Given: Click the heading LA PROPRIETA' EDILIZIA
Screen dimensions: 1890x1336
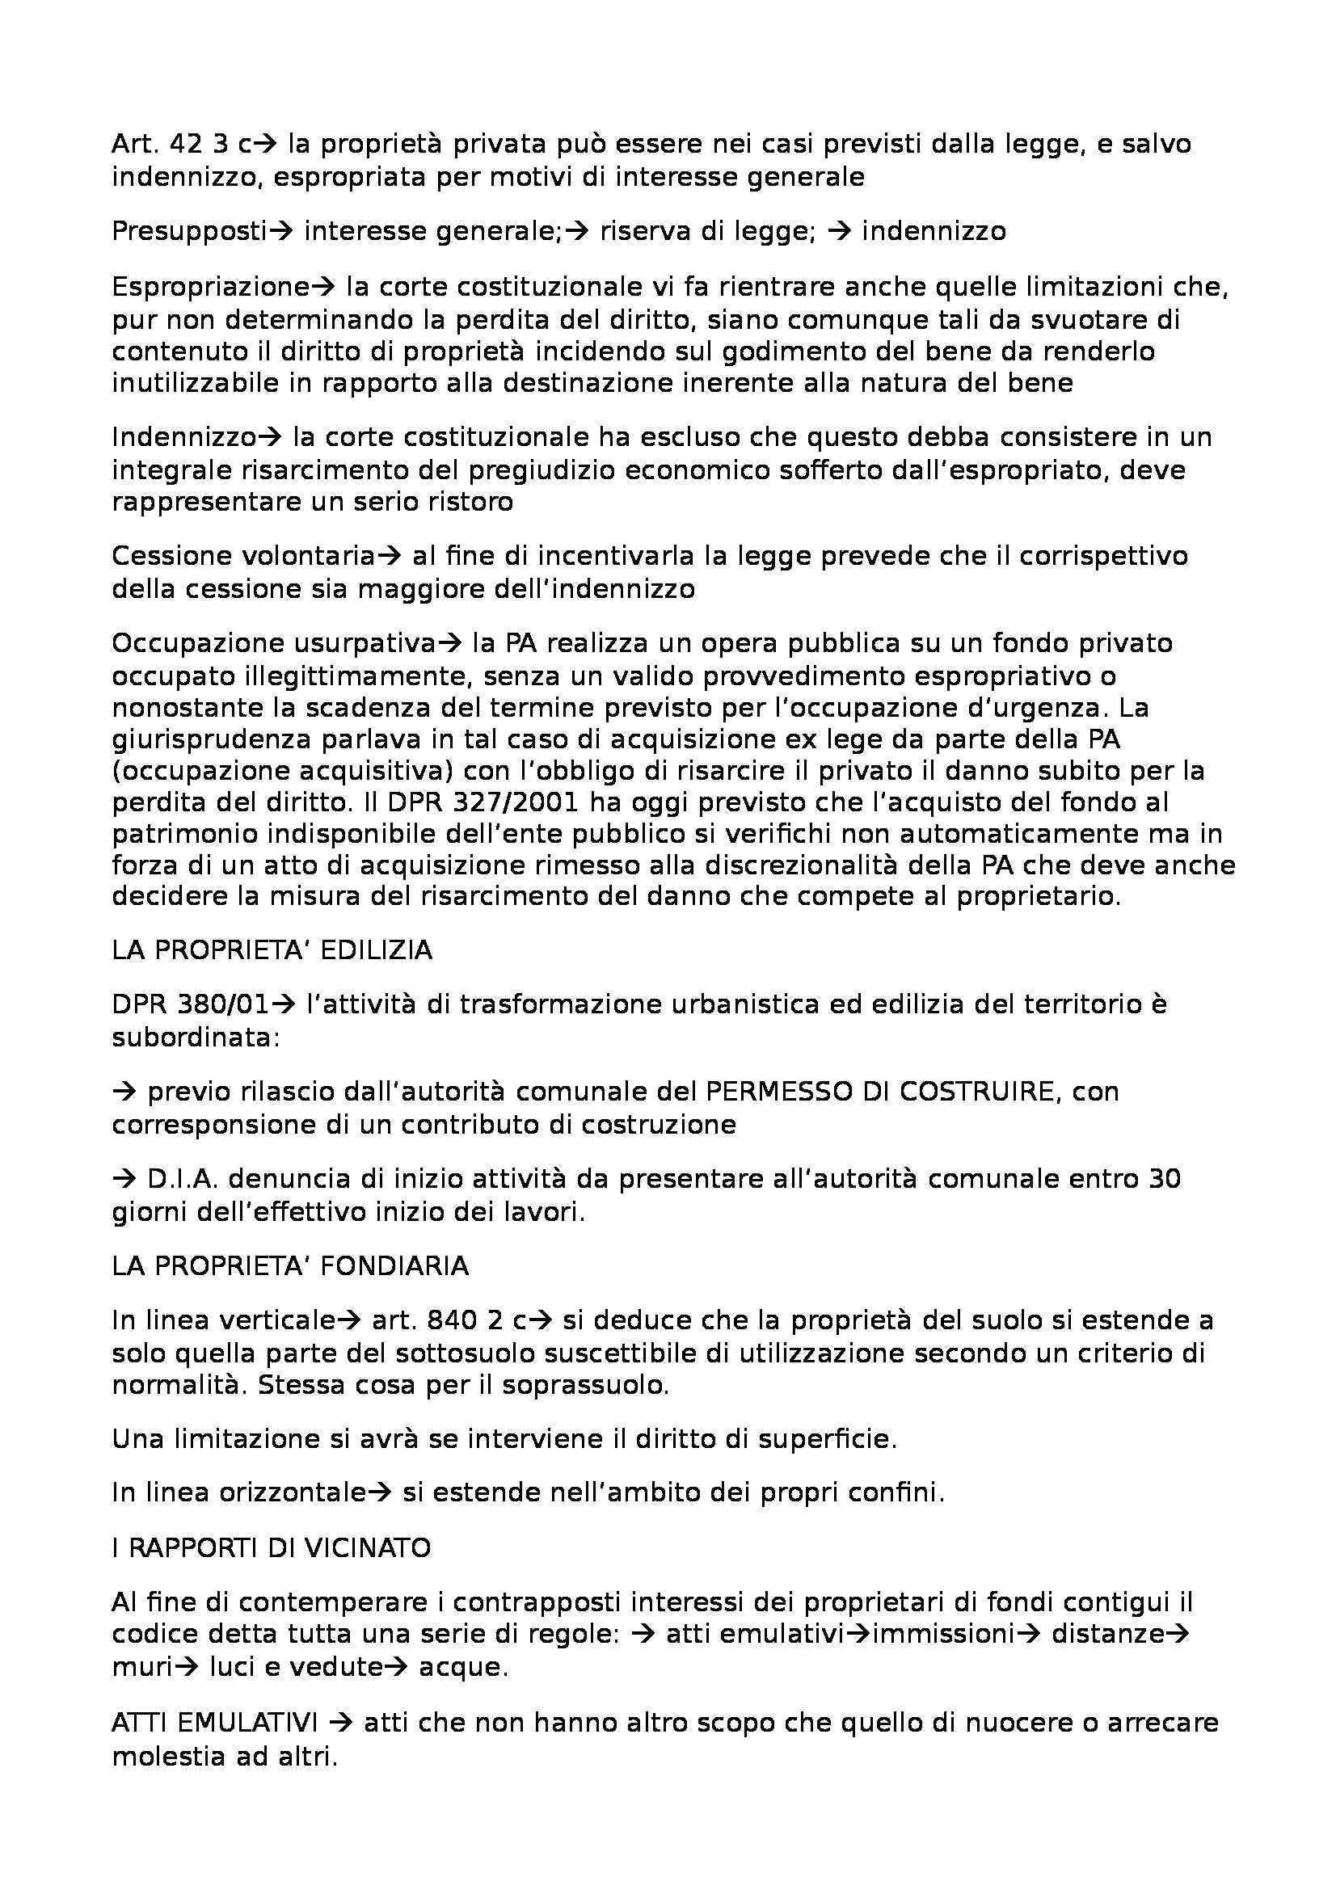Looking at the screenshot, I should tap(272, 950).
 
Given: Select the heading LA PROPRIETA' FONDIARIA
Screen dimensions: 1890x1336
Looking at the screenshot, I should tap(290, 1265).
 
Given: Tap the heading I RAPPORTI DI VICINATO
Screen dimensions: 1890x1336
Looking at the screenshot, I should tap(271, 1547).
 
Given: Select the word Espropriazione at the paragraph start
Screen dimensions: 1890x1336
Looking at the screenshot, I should tap(210, 287).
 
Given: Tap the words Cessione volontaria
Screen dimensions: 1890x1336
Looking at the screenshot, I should tap(243, 556).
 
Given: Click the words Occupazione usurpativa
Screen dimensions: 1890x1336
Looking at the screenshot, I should tap(272, 642).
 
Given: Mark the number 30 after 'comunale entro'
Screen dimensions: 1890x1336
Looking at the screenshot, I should tap(1164, 1179).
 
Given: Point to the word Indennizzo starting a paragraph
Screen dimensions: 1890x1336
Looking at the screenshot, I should tap(183, 436).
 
